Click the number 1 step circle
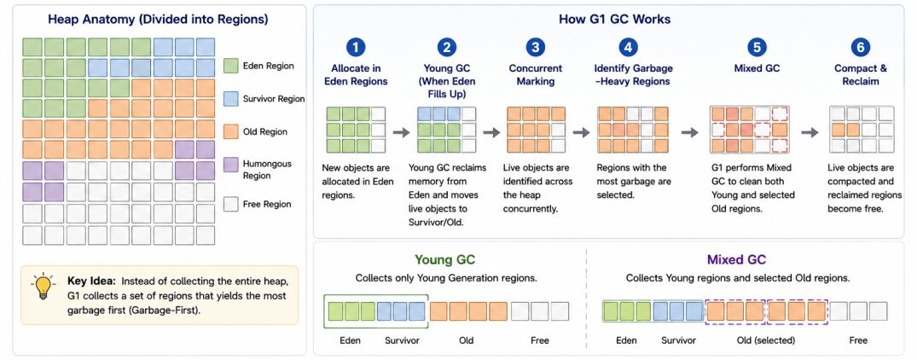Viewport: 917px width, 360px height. click(356, 48)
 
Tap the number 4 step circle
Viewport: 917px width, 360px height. click(628, 48)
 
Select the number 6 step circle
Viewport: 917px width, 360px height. click(860, 48)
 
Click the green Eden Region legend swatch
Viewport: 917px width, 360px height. click(231, 66)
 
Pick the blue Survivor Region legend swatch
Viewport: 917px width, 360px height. click(231, 99)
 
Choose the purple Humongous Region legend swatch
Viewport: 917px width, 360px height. click(231, 165)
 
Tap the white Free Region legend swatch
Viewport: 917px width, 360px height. click(231, 204)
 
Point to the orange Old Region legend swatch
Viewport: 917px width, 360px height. click(231, 131)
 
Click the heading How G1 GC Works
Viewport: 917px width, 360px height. click(615, 20)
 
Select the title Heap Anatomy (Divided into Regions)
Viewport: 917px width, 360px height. click(158, 20)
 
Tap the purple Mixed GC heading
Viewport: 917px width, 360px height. click(736, 260)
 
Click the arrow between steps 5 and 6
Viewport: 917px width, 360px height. click(810, 133)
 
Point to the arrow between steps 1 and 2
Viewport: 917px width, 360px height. click(401, 133)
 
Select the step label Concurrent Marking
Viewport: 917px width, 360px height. click(536, 75)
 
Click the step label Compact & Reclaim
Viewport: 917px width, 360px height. click(860, 75)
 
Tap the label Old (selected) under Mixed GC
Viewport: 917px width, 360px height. click(767, 340)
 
